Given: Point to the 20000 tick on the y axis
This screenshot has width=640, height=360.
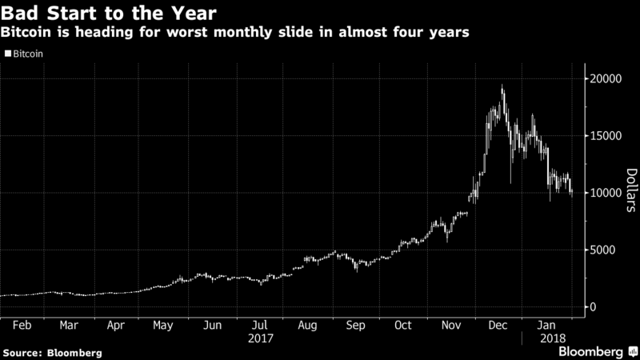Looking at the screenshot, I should point(606,78).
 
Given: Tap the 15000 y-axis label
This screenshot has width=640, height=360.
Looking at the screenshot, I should point(606,136).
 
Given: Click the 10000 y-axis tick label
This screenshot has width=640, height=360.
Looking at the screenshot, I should point(606,193).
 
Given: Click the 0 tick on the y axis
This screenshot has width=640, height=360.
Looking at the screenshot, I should point(593,307).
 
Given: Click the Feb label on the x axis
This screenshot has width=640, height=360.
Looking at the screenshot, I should point(22,326).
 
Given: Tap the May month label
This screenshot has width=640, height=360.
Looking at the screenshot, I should point(163,326).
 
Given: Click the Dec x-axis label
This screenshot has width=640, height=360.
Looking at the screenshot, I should point(498,326).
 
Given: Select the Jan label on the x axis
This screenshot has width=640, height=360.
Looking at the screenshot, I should point(547,326).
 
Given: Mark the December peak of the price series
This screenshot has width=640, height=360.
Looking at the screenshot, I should point(502,86).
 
